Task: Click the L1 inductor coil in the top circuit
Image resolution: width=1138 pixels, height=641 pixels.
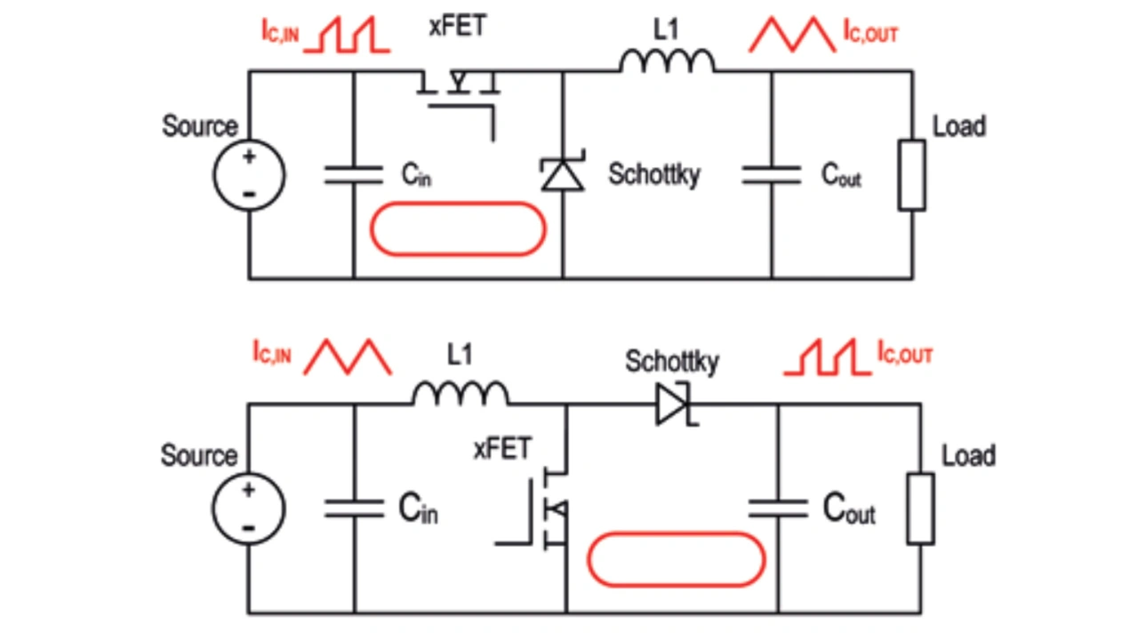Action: coord(667,61)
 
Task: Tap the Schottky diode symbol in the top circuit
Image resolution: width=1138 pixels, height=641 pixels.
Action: coord(564,173)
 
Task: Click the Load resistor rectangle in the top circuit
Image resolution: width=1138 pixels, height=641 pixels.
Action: coord(911,174)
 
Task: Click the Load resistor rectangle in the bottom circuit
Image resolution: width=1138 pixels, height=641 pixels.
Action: coord(920,509)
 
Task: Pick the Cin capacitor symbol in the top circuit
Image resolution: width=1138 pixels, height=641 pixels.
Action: coord(353,174)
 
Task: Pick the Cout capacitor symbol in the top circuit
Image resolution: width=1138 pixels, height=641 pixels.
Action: coord(771,174)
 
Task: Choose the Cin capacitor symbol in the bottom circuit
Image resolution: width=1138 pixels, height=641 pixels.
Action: coord(354,509)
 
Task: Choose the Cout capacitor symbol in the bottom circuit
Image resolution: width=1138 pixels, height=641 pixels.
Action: coord(778,509)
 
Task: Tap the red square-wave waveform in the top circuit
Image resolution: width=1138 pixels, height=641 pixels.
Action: coord(346,37)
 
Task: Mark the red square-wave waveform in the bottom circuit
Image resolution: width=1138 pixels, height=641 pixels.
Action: coord(827,359)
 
